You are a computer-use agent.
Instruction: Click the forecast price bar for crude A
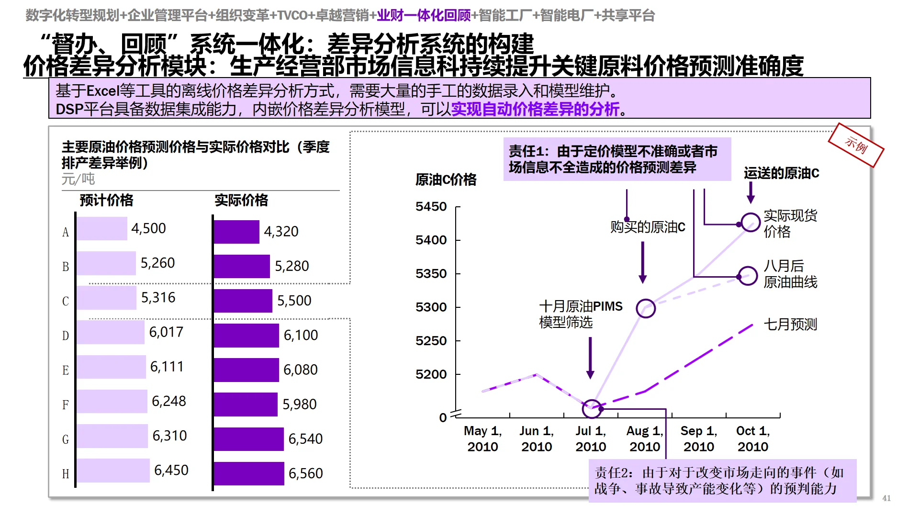101,229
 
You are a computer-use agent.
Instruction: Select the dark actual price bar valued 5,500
243,301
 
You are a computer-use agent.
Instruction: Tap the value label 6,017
166,332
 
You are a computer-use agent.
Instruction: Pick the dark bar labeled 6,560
248,473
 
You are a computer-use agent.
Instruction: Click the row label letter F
66,405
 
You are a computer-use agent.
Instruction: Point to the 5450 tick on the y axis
431,207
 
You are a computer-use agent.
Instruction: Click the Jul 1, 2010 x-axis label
591,438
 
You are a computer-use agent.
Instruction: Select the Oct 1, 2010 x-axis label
753,438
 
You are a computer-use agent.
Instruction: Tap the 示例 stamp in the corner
856,145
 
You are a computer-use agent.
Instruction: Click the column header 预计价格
106,200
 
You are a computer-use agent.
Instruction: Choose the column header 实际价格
241,200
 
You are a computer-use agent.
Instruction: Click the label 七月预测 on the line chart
790,325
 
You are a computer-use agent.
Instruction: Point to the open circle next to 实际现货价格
751,223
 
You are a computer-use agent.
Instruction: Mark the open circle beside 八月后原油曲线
748,276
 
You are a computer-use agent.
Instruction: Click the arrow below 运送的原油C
751,193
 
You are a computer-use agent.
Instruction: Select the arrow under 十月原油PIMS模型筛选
590,358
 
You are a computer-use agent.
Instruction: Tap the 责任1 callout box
617,159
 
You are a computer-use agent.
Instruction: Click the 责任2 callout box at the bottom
722,481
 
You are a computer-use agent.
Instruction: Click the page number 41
886,498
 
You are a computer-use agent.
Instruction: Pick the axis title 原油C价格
446,180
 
